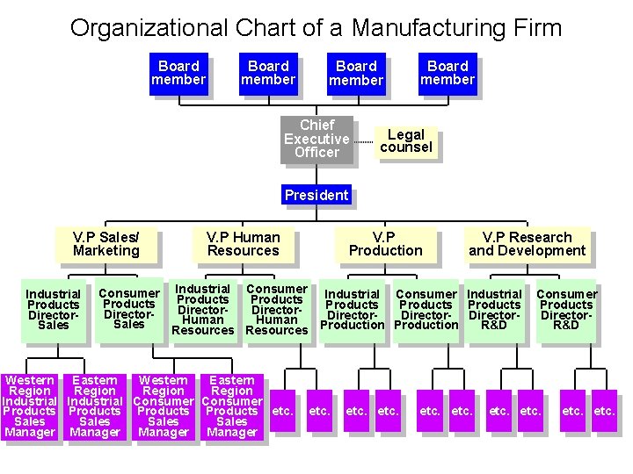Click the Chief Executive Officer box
tap(316, 139)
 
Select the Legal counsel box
tap(406, 142)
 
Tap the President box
tap(316, 195)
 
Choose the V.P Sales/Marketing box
tap(106, 244)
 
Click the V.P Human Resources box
tap(244, 244)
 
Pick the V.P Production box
tap(385, 244)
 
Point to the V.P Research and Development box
tap(527, 244)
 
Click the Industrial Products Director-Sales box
tap(54, 310)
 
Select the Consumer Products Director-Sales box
tap(129, 309)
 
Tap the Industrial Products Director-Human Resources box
tap(203, 309)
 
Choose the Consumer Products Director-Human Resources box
tap(277, 309)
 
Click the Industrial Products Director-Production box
tap(352, 310)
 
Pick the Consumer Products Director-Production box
tap(426, 310)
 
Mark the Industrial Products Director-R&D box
tap(494, 310)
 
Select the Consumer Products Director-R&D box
tap(566, 310)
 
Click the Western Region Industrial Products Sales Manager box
tap(30, 406)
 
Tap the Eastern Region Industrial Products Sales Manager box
tap(95, 406)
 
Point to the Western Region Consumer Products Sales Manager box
tap(164, 406)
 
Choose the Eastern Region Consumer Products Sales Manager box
tap(232, 406)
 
